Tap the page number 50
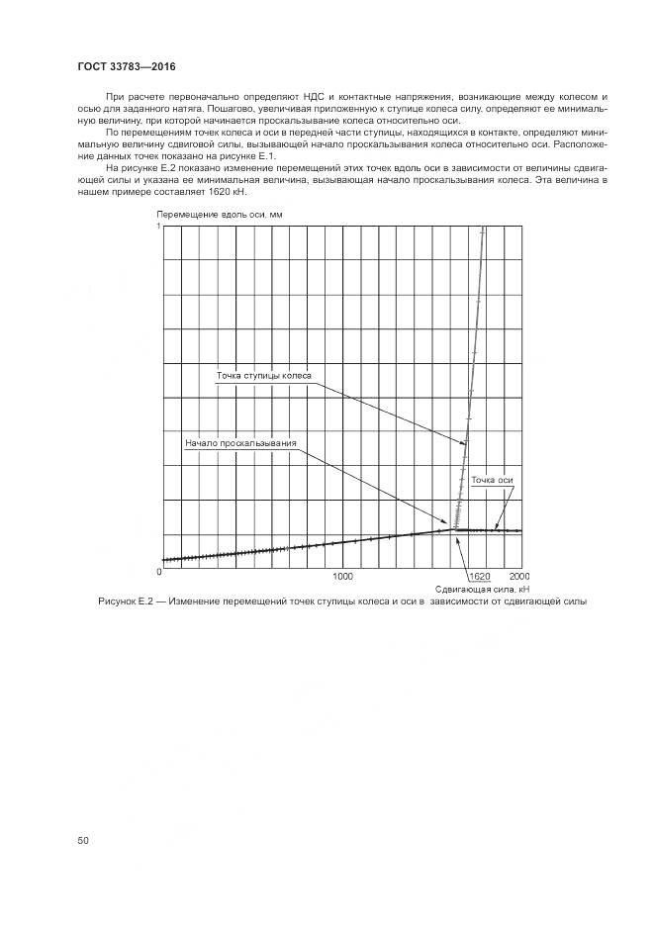[84, 840]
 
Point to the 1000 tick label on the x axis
[342, 576]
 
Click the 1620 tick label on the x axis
[480, 576]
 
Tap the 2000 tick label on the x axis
[518, 576]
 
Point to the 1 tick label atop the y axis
[158, 228]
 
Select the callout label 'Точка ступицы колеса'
[264, 376]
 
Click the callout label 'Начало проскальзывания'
[240, 443]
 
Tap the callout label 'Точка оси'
[492, 480]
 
